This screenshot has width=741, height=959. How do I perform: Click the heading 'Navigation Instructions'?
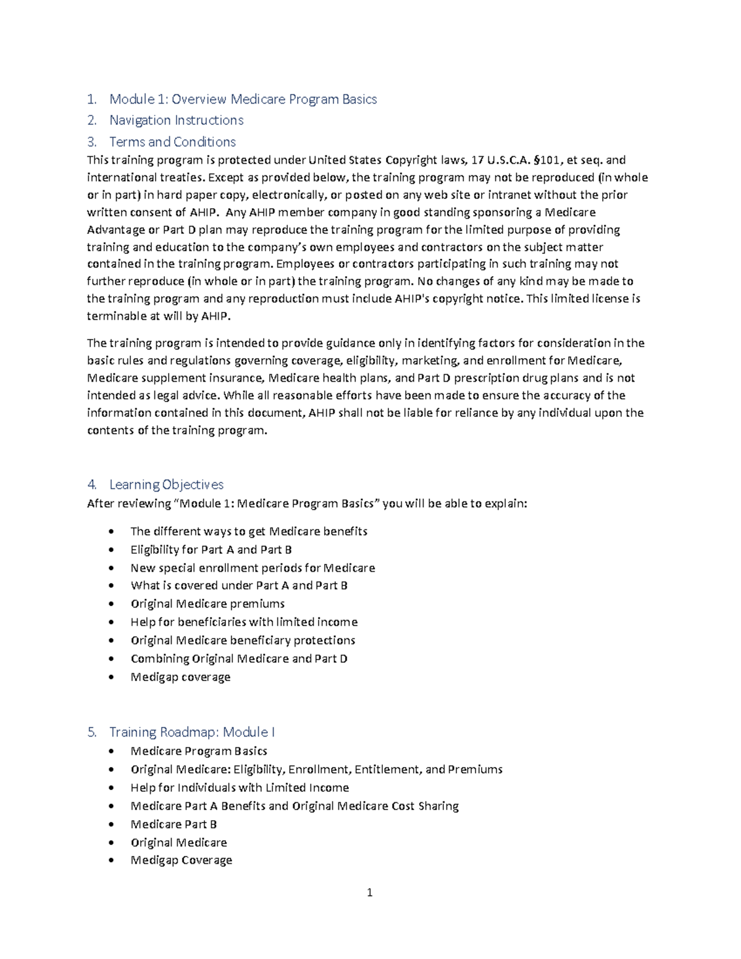[176, 120]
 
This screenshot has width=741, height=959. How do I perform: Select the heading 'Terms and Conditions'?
[172, 142]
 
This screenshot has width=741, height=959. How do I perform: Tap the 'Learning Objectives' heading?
[166, 485]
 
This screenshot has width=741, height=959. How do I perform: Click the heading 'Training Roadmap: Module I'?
[191, 732]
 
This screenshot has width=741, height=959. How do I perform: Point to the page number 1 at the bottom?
[369, 892]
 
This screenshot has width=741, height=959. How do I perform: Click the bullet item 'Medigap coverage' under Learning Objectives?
[180, 677]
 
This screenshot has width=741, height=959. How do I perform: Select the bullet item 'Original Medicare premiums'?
[207, 603]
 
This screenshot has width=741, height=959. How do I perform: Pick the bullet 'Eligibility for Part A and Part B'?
[211, 550]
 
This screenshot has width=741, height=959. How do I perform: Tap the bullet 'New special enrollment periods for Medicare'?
[253, 567]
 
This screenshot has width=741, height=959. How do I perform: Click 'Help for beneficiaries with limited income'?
[244, 622]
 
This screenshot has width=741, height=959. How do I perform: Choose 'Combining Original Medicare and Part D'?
[239, 658]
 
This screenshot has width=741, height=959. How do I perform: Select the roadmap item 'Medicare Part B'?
[174, 824]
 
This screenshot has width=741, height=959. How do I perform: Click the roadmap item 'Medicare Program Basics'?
[199, 751]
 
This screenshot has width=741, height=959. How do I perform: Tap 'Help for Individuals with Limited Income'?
[240, 787]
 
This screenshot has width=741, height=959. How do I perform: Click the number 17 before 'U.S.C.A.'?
[477, 161]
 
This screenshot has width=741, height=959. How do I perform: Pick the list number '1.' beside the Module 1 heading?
[92, 99]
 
